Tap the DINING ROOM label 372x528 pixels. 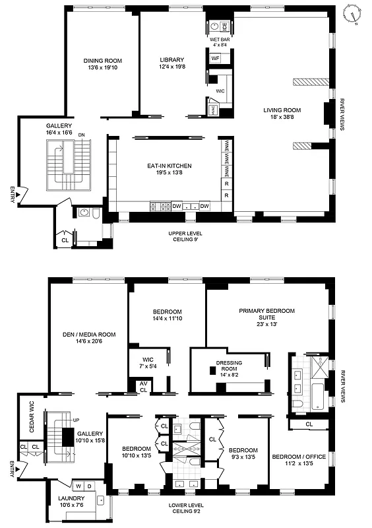pyautogui.click(x=102, y=64)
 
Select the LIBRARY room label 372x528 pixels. pyautogui.click(x=172, y=63)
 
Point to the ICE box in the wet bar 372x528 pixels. pyautogui.click(x=224, y=27)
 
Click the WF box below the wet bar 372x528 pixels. pyautogui.click(x=215, y=59)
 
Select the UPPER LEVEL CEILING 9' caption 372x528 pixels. pyautogui.click(x=185, y=237)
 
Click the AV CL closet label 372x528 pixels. pyautogui.click(x=143, y=386)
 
